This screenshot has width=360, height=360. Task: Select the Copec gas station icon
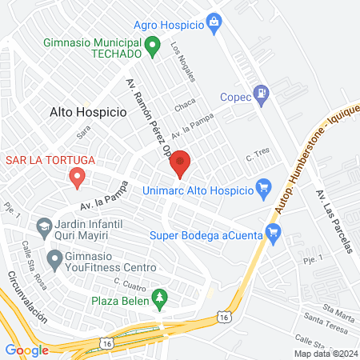pyautogui.click(x=260, y=95)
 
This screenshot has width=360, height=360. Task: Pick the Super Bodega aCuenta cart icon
pyautogui.click(x=274, y=234)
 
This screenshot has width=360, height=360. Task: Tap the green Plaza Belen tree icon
pyautogui.click(x=160, y=298)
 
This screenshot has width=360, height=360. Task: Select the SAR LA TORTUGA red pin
pyautogui.click(x=77, y=177)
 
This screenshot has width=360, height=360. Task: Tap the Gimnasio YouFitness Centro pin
pyautogui.click(x=54, y=259)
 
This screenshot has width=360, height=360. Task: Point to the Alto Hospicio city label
pyautogui.click(x=88, y=113)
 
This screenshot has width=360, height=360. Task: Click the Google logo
pyautogui.click(x=26, y=350)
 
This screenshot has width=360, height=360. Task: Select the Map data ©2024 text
pyautogui.click(x=325, y=353)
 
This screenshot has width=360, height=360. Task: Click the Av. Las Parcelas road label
pyautogui.click(x=334, y=222)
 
